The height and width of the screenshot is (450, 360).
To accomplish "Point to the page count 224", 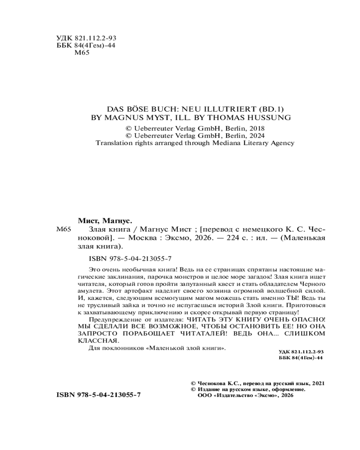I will click(220, 238).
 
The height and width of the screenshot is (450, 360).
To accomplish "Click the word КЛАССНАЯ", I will click(92, 341).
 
